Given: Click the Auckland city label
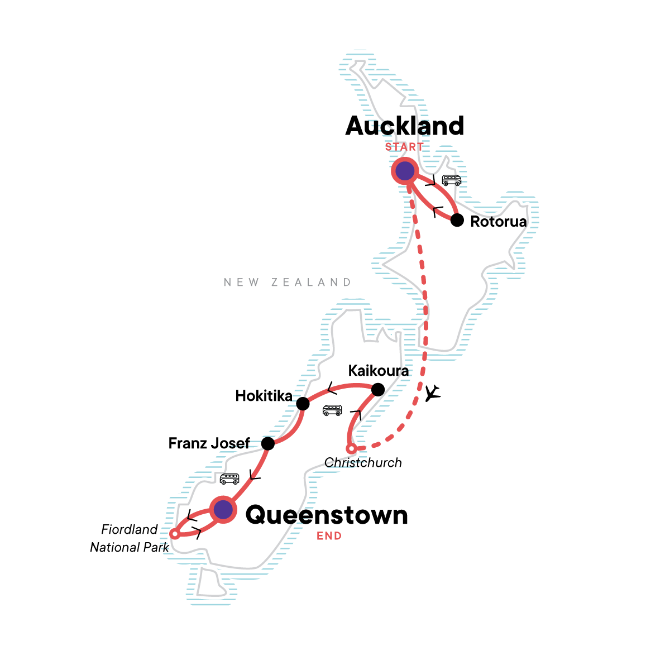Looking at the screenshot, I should pos(405,126).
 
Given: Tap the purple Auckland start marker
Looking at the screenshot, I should pos(405,171).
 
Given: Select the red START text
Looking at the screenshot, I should pos(404,147).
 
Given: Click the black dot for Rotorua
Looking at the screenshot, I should pos(457,220).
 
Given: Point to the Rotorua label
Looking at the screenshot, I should pos(499,222).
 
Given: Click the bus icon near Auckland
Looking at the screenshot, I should pos(452,180).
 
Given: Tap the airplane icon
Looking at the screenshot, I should pos(432,394).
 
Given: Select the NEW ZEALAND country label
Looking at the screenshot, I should pos(288,283).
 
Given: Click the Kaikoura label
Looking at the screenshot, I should pos(378,371).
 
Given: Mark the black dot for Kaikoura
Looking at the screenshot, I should pos(378,389).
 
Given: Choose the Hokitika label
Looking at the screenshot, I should pos(264,396).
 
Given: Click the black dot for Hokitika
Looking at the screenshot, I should pos(303,404).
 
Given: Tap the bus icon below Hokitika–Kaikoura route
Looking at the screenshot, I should pos(332,410).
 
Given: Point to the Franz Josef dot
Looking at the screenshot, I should pos(268,444).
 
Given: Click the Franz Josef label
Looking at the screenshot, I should pos(209,443).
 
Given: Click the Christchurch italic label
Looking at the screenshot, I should pos(363,463).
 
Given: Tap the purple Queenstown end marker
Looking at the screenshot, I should pos(223,509).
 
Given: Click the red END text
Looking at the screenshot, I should pos(329,536).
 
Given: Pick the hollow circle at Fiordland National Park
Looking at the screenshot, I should pos(174,534).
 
